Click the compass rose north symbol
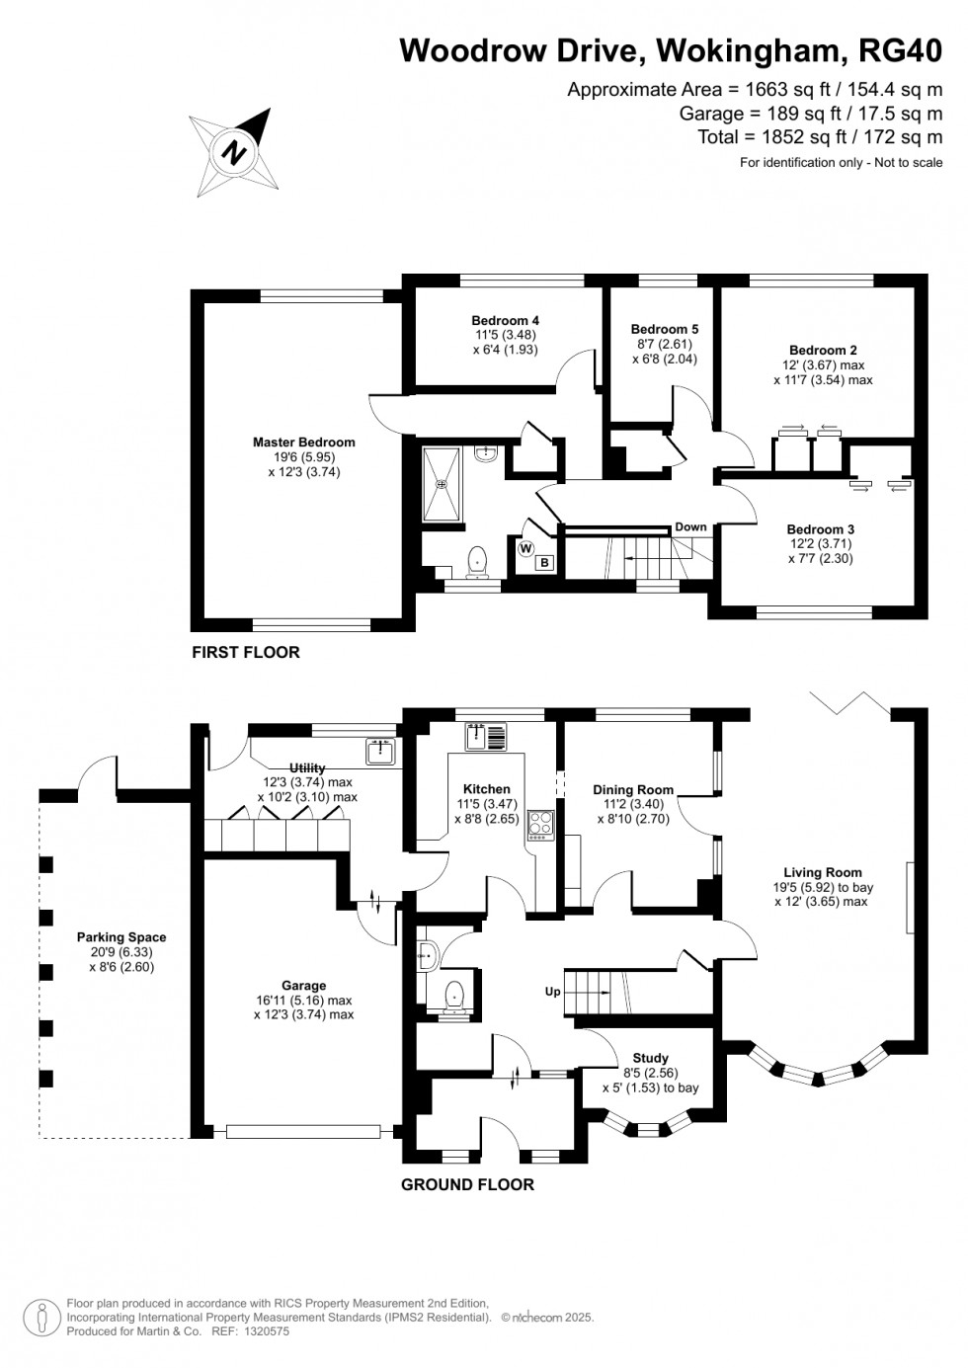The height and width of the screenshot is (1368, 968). [x=235, y=153]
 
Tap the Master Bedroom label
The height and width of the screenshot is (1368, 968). [x=303, y=443]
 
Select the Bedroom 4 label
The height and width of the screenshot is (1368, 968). [x=505, y=321]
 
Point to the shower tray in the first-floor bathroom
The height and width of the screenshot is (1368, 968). [x=442, y=483]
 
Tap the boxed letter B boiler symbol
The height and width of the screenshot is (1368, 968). [x=543, y=563]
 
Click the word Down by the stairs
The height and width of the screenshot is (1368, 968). [x=690, y=526]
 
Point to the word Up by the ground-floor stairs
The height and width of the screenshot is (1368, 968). [x=553, y=991]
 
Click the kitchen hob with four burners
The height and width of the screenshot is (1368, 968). [x=541, y=824]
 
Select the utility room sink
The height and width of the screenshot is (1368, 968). [x=380, y=752]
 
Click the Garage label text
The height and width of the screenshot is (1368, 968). [x=303, y=986]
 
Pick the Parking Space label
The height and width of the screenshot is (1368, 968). [x=121, y=937]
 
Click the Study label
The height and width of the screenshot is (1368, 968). [x=650, y=1058]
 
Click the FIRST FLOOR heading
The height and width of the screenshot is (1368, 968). [x=245, y=652]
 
